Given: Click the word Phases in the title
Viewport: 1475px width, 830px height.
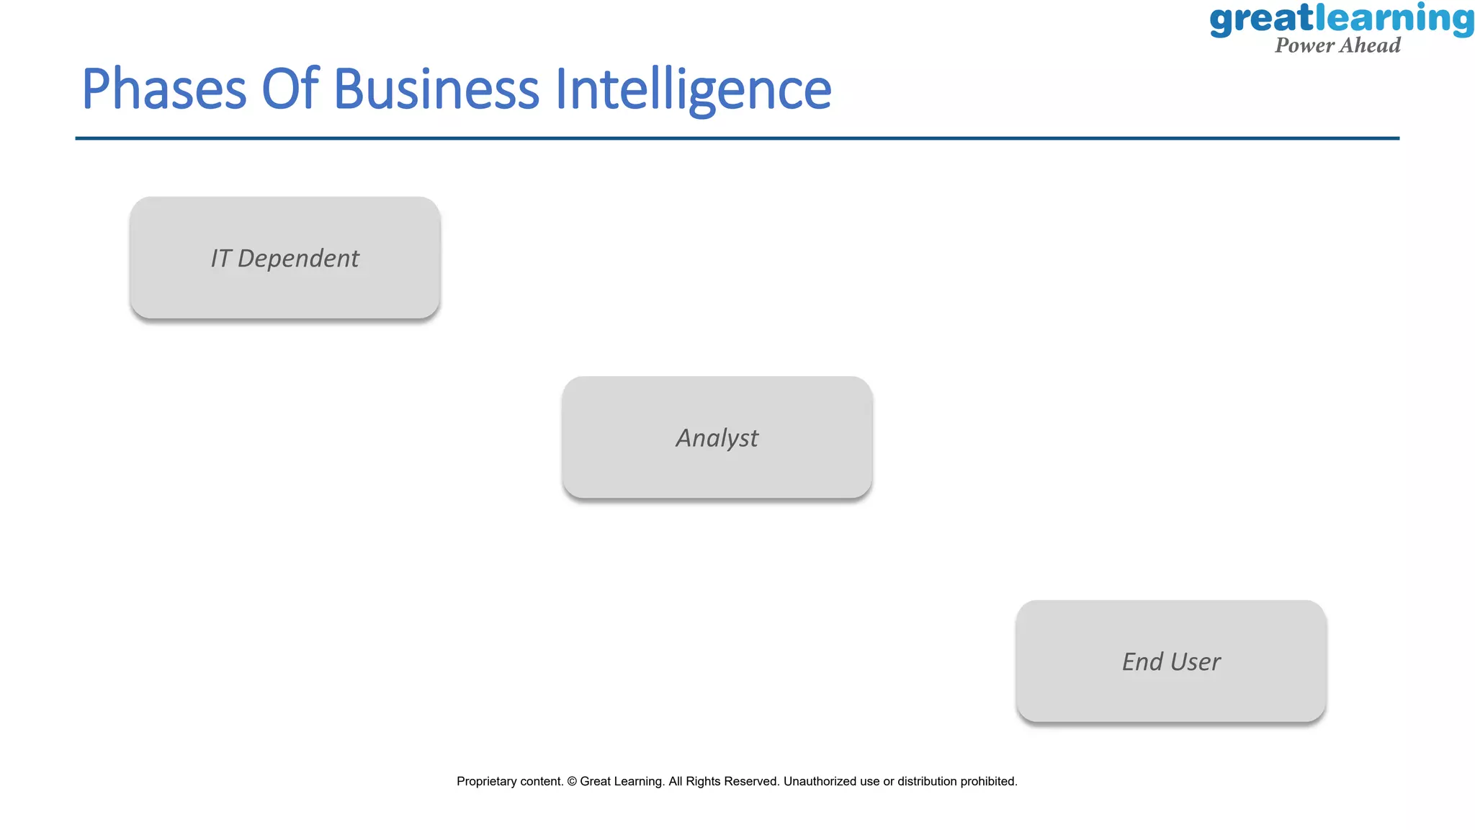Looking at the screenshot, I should point(164,89).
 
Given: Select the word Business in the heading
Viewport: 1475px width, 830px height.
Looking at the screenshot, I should point(436,89).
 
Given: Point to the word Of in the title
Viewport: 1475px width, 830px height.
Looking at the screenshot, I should point(290,89).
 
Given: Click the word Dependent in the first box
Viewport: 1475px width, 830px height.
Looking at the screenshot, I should point(298,259).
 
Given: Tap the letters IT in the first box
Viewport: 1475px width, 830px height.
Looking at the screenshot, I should point(220,259).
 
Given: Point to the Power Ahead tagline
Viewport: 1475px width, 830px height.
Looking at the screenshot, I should point(1337,45).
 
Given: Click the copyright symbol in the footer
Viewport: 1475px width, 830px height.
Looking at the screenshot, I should point(572,782).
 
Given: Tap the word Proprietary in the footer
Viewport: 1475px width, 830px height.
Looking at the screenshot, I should point(491,782).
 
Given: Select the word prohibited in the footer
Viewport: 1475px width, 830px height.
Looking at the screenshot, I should point(988,782).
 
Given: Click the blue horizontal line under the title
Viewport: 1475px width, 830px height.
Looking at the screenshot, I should point(737,138).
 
